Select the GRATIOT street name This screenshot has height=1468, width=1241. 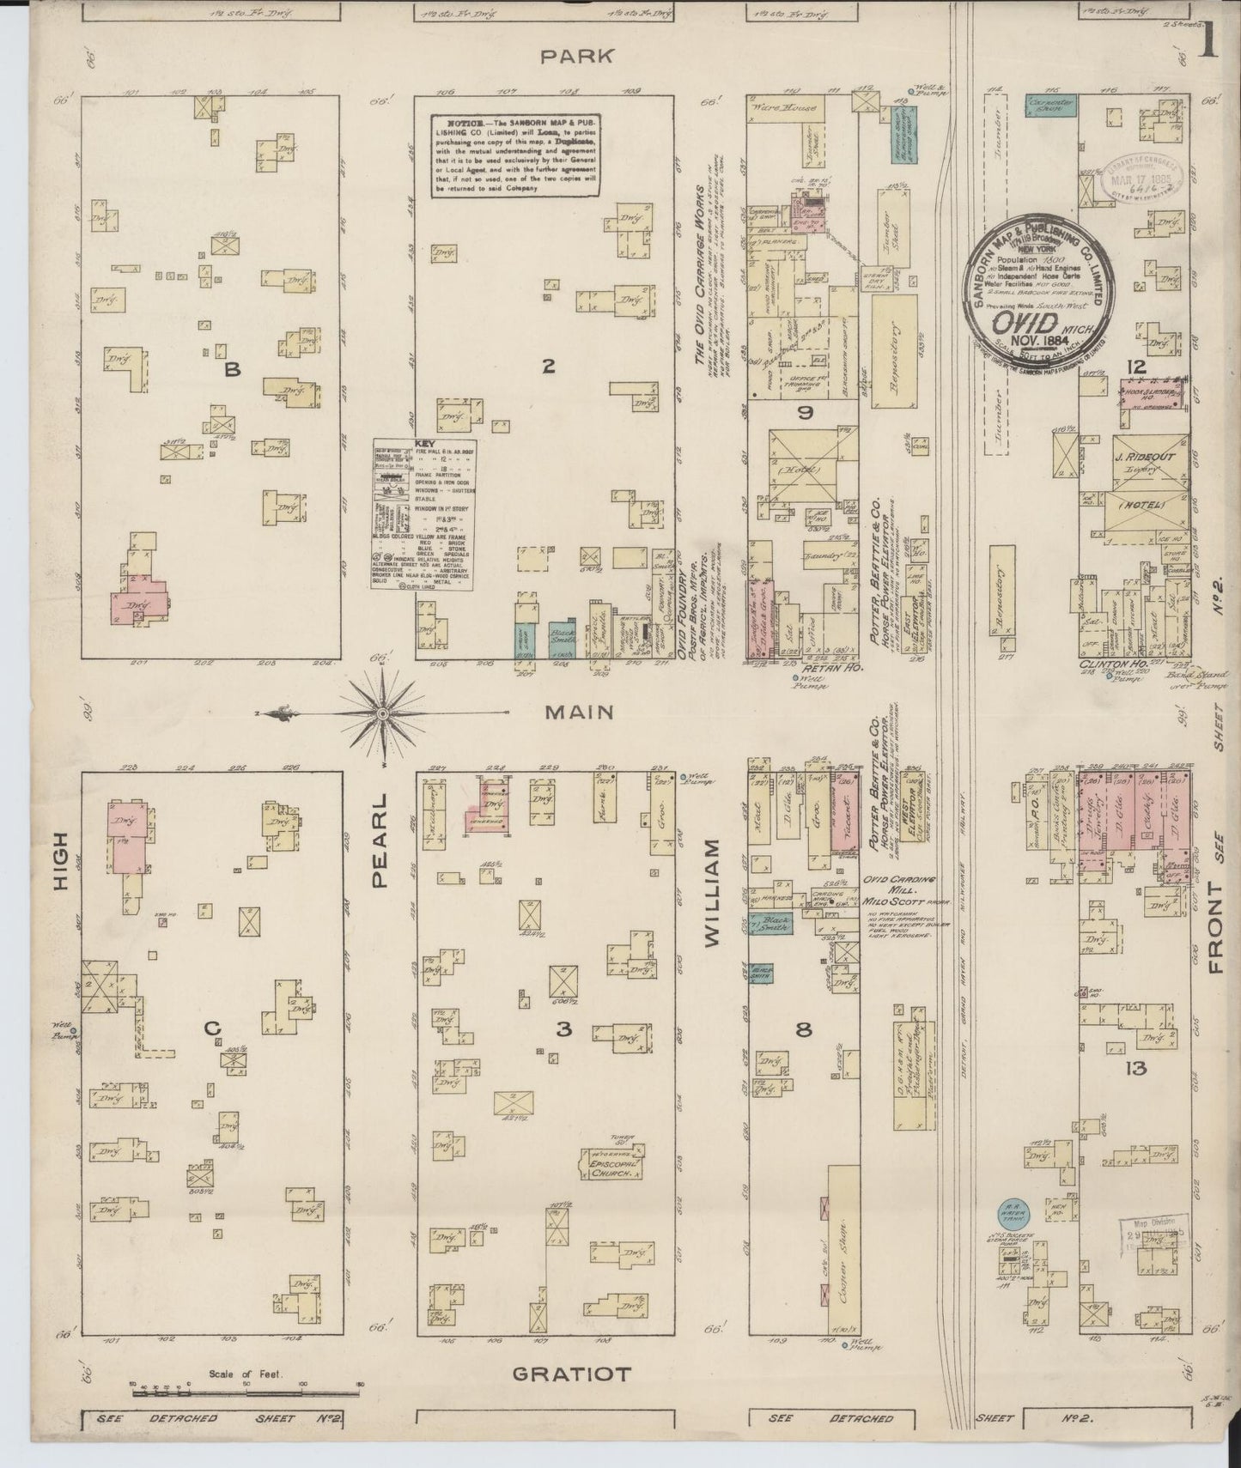(571, 1374)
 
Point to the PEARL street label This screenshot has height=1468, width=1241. (380, 840)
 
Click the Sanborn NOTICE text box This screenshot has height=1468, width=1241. (514, 155)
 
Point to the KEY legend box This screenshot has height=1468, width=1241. (423, 515)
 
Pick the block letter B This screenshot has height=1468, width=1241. (230, 369)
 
